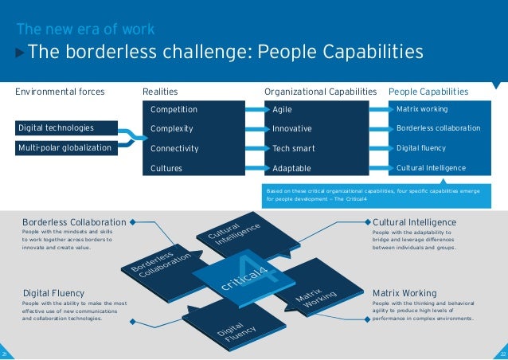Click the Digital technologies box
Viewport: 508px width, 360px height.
(56, 127)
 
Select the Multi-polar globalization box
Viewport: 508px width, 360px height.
(64, 147)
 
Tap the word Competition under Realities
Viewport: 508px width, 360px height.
(174, 109)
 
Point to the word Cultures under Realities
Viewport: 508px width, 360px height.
(166, 168)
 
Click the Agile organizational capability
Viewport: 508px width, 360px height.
(283, 109)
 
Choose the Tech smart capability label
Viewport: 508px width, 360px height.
(294, 148)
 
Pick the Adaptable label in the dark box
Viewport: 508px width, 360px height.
(292, 168)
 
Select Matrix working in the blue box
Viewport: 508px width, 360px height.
(422, 108)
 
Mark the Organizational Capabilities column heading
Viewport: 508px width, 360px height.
(320, 92)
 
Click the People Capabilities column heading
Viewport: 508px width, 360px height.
(428, 92)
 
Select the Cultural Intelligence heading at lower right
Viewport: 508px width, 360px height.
(414, 221)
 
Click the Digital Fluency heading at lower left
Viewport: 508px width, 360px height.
(54, 293)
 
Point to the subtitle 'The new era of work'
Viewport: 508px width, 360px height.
(85, 30)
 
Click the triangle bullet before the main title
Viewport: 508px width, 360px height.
(21, 53)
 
